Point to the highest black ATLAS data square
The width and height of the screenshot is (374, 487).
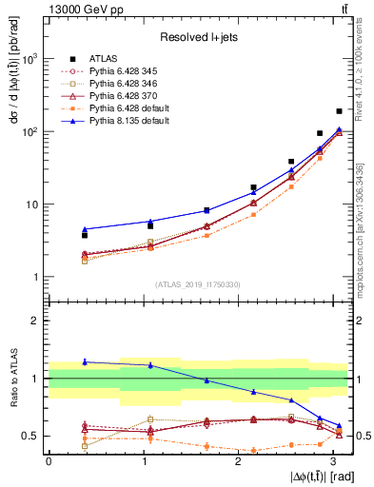[x=339, y=111]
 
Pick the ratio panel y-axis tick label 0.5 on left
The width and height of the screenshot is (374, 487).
[x=35, y=436]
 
